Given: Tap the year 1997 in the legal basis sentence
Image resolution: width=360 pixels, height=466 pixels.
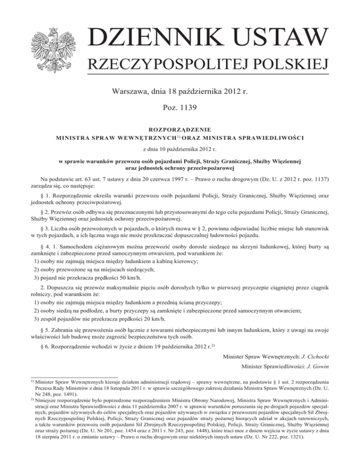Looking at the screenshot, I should click(x=171, y=179).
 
